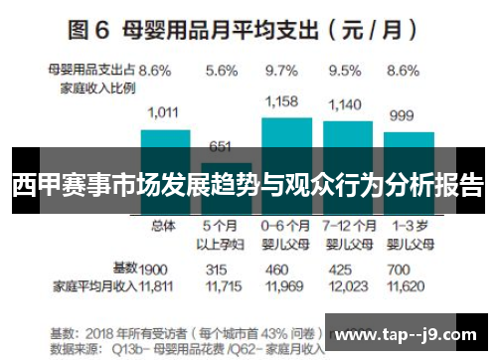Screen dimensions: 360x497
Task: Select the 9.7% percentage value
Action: (x=282, y=71)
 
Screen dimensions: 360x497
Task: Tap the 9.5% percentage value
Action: (x=343, y=71)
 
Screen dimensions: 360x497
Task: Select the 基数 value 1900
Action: (x=154, y=269)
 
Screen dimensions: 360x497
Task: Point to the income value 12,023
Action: (x=345, y=286)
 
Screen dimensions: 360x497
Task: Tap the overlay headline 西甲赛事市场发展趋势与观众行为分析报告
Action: (x=248, y=186)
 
